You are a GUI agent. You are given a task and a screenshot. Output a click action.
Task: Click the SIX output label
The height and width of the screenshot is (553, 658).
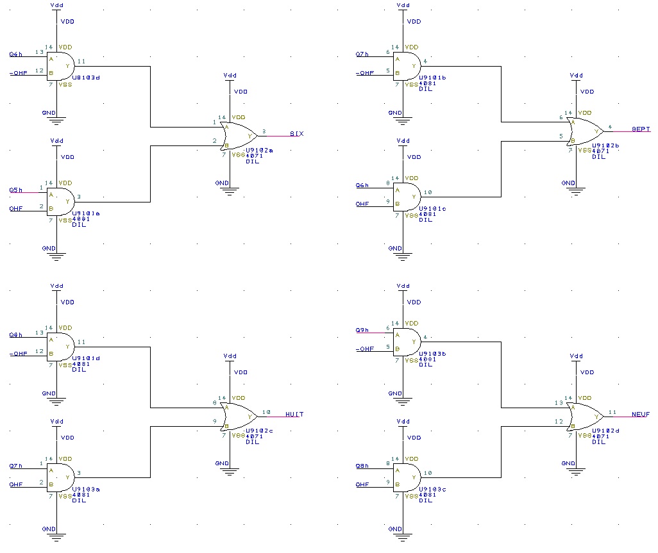click(x=296, y=134)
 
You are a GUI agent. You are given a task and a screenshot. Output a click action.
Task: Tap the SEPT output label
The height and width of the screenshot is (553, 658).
click(x=641, y=129)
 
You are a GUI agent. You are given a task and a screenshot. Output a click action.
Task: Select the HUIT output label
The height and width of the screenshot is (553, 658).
click(x=294, y=415)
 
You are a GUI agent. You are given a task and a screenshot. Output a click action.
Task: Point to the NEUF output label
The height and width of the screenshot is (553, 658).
click(x=640, y=415)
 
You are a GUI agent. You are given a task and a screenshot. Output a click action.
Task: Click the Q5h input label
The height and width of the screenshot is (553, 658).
click(x=16, y=190)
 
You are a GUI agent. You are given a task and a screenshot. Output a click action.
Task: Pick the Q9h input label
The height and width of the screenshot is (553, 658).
click(x=362, y=330)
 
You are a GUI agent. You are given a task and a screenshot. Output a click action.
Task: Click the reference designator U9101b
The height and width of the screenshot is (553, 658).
click(x=433, y=78)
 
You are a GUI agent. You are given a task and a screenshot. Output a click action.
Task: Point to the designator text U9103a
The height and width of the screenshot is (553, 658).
click(x=87, y=489)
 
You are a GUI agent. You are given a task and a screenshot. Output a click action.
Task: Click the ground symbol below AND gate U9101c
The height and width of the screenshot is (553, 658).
click(x=403, y=256)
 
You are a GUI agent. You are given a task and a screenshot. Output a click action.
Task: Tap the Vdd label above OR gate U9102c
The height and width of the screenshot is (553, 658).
click(x=230, y=356)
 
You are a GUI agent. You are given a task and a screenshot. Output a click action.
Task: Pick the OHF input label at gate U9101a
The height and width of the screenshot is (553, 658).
click(x=16, y=208)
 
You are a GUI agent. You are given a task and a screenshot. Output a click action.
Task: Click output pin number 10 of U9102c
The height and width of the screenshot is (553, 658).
click(x=267, y=412)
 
